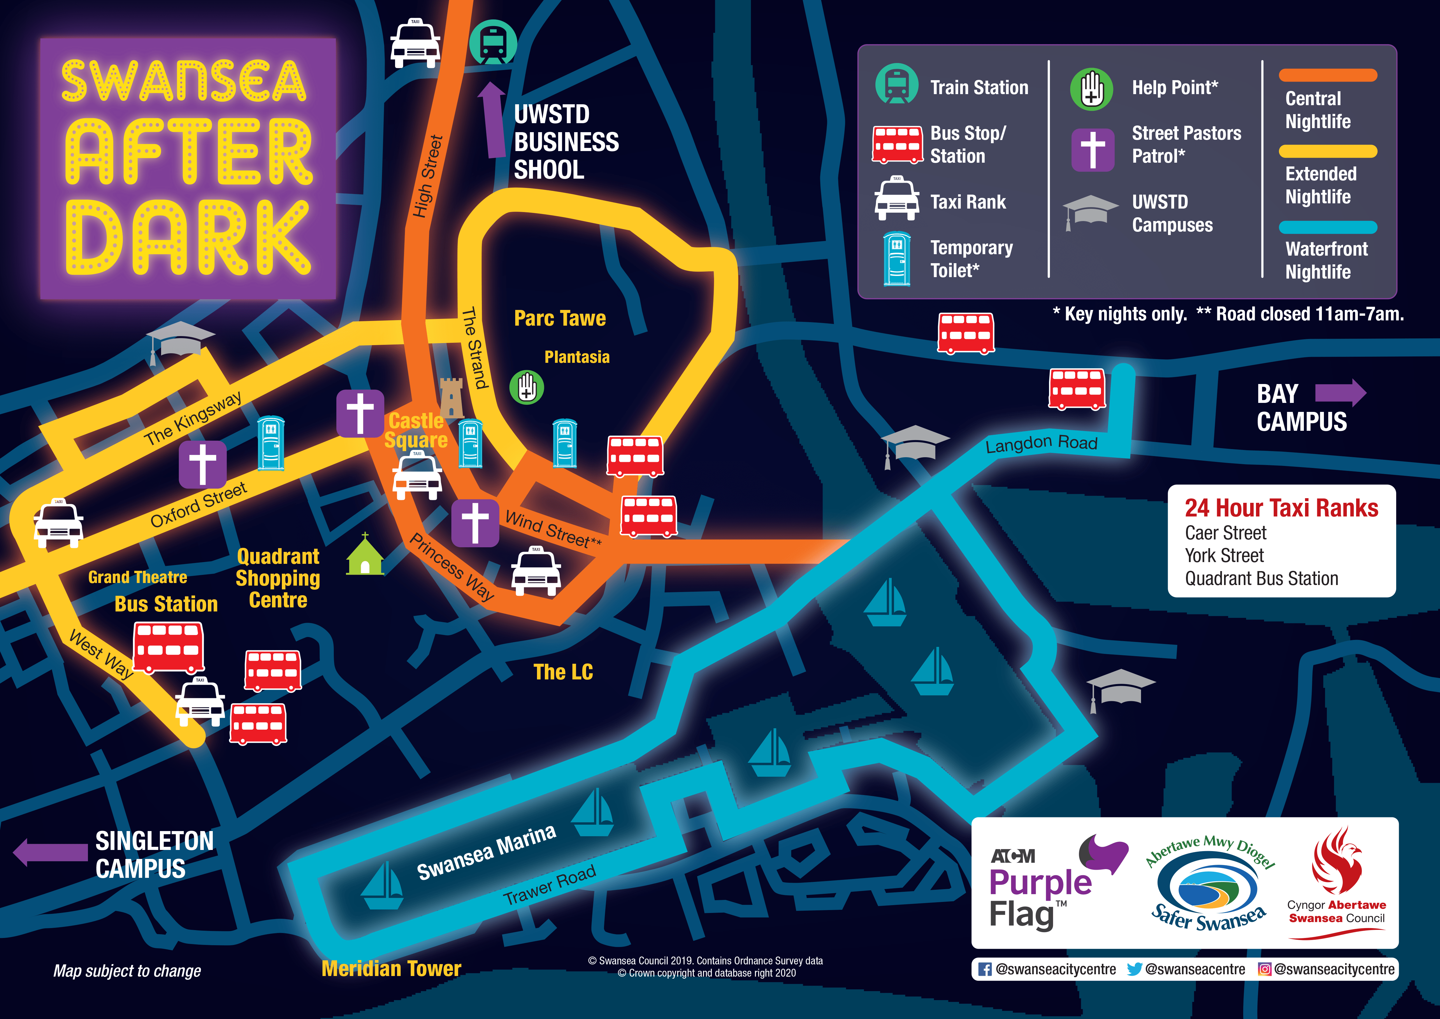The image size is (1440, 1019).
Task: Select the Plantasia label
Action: (x=576, y=357)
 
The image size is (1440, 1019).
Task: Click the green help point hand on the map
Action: (x=526, y=387)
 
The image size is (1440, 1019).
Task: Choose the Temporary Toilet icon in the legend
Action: (x=897, y=259)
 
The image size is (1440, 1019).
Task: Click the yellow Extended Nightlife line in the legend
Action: (x=1328, y=151)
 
